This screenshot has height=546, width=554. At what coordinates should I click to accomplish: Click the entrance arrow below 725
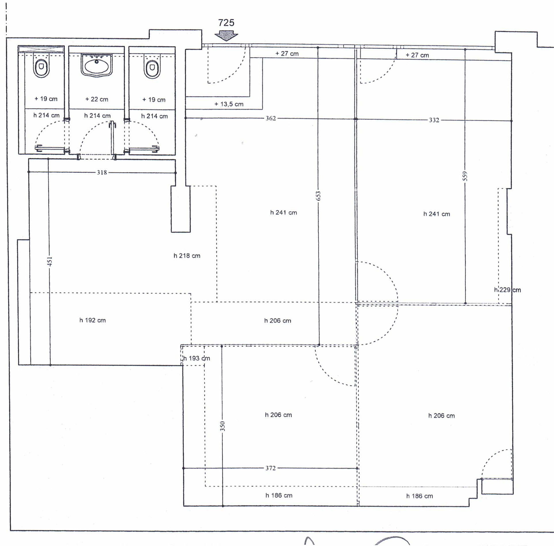tap(226, 35)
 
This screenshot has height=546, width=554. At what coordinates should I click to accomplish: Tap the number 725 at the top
tap(226, 23)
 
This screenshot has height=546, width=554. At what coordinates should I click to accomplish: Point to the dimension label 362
tap(271, 118)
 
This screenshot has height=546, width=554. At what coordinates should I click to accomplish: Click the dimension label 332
tap(434, 120)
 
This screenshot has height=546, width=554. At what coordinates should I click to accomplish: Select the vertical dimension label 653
tap(318, 196)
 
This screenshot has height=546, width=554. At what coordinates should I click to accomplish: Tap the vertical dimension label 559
tap(465, 176)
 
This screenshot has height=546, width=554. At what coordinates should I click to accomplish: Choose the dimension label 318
tap(102, 172)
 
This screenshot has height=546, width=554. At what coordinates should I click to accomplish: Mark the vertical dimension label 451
tap(50, 261)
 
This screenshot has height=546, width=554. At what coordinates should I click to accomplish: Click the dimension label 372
tap(271, 468)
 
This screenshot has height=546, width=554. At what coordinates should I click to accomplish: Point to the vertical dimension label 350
tap(222, 426)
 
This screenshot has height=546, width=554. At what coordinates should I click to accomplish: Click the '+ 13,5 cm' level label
tap(229, 104)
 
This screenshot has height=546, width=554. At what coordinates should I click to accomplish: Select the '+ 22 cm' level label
tap(97, 99)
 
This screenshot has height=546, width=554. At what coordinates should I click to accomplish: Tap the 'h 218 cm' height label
tap(187, 256)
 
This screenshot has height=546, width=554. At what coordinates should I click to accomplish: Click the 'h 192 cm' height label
tap(92, 320)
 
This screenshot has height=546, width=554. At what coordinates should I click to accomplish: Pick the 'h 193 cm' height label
tap(197, 358)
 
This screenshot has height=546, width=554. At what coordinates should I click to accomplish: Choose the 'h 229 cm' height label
tap(508, 290)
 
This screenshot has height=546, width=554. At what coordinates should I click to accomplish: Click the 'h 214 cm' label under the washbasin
tap(97, 116)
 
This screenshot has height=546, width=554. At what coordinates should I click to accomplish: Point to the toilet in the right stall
tap(152, 66)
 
